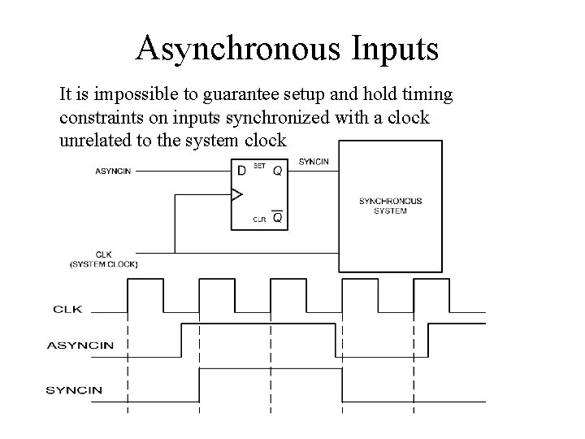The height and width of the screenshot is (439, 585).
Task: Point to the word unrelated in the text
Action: [x=94, y=141]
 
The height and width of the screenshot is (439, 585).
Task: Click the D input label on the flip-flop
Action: [x=241, y=171]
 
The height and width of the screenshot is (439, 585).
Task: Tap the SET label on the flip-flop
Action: [x=260, y=166]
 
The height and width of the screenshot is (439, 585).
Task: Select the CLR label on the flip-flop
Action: [x=259, y=219]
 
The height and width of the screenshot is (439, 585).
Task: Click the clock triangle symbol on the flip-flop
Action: [x=237, y=195]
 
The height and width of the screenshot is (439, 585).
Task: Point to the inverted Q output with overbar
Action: [x=277, y=218]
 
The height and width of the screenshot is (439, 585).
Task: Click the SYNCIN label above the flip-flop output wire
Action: [x=314, y=162]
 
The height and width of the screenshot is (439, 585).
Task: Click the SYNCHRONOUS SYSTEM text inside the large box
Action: [x=390, y=206]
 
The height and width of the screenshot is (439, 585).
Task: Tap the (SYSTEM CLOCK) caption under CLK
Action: [x=104, y=264]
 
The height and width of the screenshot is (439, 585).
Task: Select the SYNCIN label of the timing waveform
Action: [x=74, y=389]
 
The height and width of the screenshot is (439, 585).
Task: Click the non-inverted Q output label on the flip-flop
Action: [x=277, y=172]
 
